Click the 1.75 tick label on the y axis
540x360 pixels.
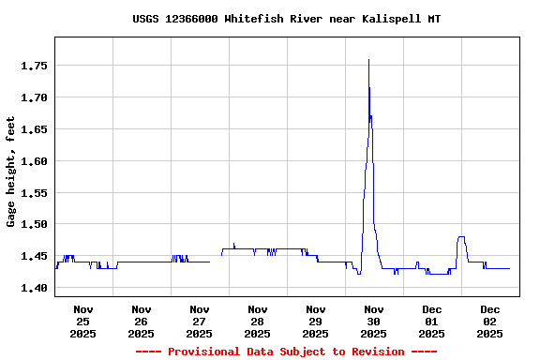coord(35,66)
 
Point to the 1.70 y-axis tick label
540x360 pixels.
coord(35,97)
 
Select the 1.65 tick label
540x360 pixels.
coord(35,129)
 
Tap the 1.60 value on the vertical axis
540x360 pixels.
coord(35,161)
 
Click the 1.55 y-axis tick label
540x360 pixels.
coord(35,193)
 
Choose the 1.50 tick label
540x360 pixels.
coord(35,225)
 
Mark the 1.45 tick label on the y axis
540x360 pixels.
coord(35,257)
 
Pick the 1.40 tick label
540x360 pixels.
coord(35,289)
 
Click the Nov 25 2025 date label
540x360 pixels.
coord(82,322)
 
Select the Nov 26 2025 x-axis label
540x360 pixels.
coord(141,322)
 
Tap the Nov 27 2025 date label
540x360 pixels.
coord(199,322)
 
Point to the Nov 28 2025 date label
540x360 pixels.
coord(257,322)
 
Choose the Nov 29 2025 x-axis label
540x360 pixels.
coord(315,322)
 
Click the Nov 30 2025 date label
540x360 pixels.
coord(373,322)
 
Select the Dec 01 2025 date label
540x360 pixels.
coord(431,322)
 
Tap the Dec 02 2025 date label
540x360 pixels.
coord(489,322)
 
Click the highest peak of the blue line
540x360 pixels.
coord(368,60)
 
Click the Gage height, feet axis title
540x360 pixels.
coord(11,172)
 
